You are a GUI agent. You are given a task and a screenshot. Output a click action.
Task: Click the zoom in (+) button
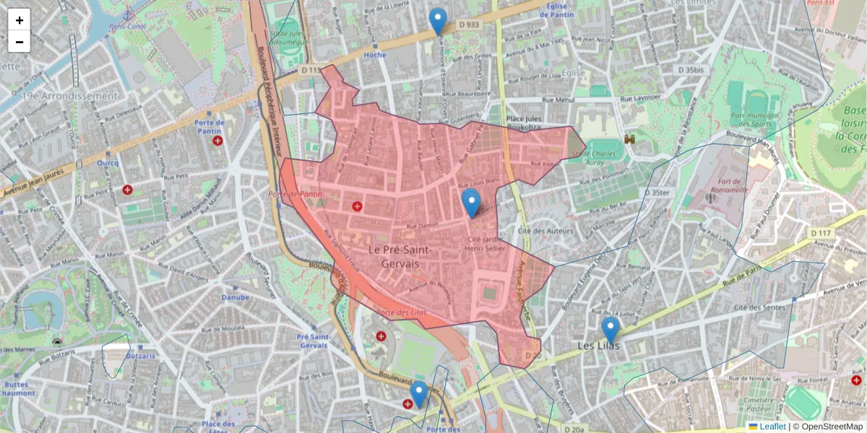pos(20,20)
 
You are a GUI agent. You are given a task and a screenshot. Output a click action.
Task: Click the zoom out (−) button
pos(20,42)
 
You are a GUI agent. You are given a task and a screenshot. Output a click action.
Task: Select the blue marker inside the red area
pos(471,203)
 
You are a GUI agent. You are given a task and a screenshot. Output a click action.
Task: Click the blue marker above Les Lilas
pos(611,330)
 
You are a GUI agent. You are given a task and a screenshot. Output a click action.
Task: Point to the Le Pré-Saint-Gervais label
pos(400,257)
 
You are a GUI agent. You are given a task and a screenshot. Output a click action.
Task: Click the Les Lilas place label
pos(599,346)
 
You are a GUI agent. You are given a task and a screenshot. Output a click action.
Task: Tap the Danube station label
pos(236,297)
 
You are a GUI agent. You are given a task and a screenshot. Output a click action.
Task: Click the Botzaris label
pos(140,357)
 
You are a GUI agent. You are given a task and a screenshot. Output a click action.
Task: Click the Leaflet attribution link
pos(772,427)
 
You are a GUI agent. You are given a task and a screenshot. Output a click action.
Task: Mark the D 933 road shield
pos(469,25)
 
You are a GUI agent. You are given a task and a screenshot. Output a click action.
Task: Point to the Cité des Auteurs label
pos(545,231)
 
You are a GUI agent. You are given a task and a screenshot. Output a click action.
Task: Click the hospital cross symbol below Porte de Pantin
pos(217,141)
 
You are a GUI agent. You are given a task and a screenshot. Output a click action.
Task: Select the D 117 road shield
pos(821,233)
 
